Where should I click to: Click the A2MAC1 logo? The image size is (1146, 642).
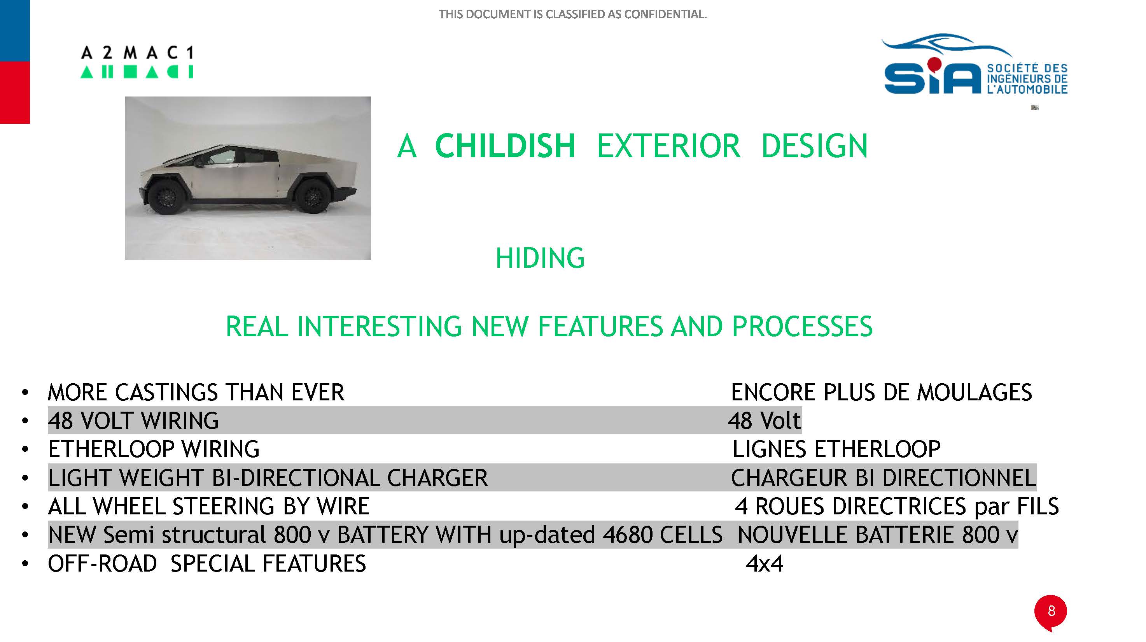(x=136, y=62)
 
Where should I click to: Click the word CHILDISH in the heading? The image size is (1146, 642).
(x=505, y=146)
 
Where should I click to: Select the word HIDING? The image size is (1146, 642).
(x=540, y=258)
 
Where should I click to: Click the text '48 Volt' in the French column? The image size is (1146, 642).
(x=764, y=420)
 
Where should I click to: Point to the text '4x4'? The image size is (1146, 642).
(x=764, y=564)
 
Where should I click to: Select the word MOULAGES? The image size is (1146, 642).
(x=975, y=392)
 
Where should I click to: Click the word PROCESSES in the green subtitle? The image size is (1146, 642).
(x=802, y=326)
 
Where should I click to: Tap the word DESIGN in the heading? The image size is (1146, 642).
(x=814, y=146)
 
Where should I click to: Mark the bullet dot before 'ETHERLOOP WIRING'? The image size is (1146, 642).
(x=25, y=449)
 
